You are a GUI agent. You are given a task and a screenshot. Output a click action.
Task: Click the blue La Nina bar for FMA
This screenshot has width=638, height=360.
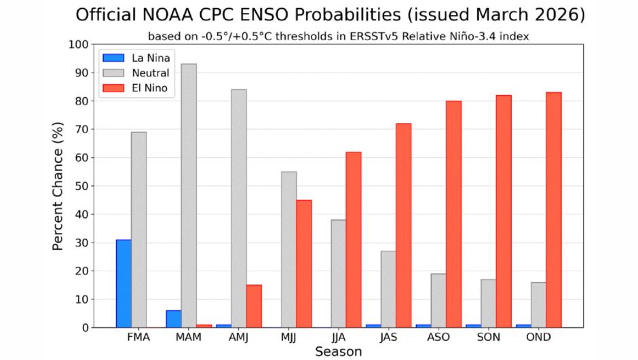tap(124, 283)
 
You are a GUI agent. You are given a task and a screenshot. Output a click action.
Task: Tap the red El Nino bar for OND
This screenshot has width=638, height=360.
tap(554, 210)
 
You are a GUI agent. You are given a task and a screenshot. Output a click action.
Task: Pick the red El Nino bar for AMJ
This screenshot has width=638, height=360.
tap(254, 306)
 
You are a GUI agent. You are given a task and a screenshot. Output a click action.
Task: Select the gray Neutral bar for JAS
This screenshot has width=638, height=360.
tap(389, 289)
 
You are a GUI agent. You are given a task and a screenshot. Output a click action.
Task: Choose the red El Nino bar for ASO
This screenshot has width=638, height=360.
tap(453, 214)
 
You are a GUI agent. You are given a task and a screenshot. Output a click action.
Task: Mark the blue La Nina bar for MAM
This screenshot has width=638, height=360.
tap(174, 319)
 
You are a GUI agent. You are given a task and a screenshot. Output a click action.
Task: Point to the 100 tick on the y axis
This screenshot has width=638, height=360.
tap(79, 45)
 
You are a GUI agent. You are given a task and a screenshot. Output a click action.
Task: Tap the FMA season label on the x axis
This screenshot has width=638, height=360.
tap(138, 338)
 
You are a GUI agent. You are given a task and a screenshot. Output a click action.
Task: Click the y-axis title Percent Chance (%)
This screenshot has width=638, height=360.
tap(58, 186)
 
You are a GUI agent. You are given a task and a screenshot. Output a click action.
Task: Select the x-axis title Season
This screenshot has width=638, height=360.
tap(338, 351)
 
